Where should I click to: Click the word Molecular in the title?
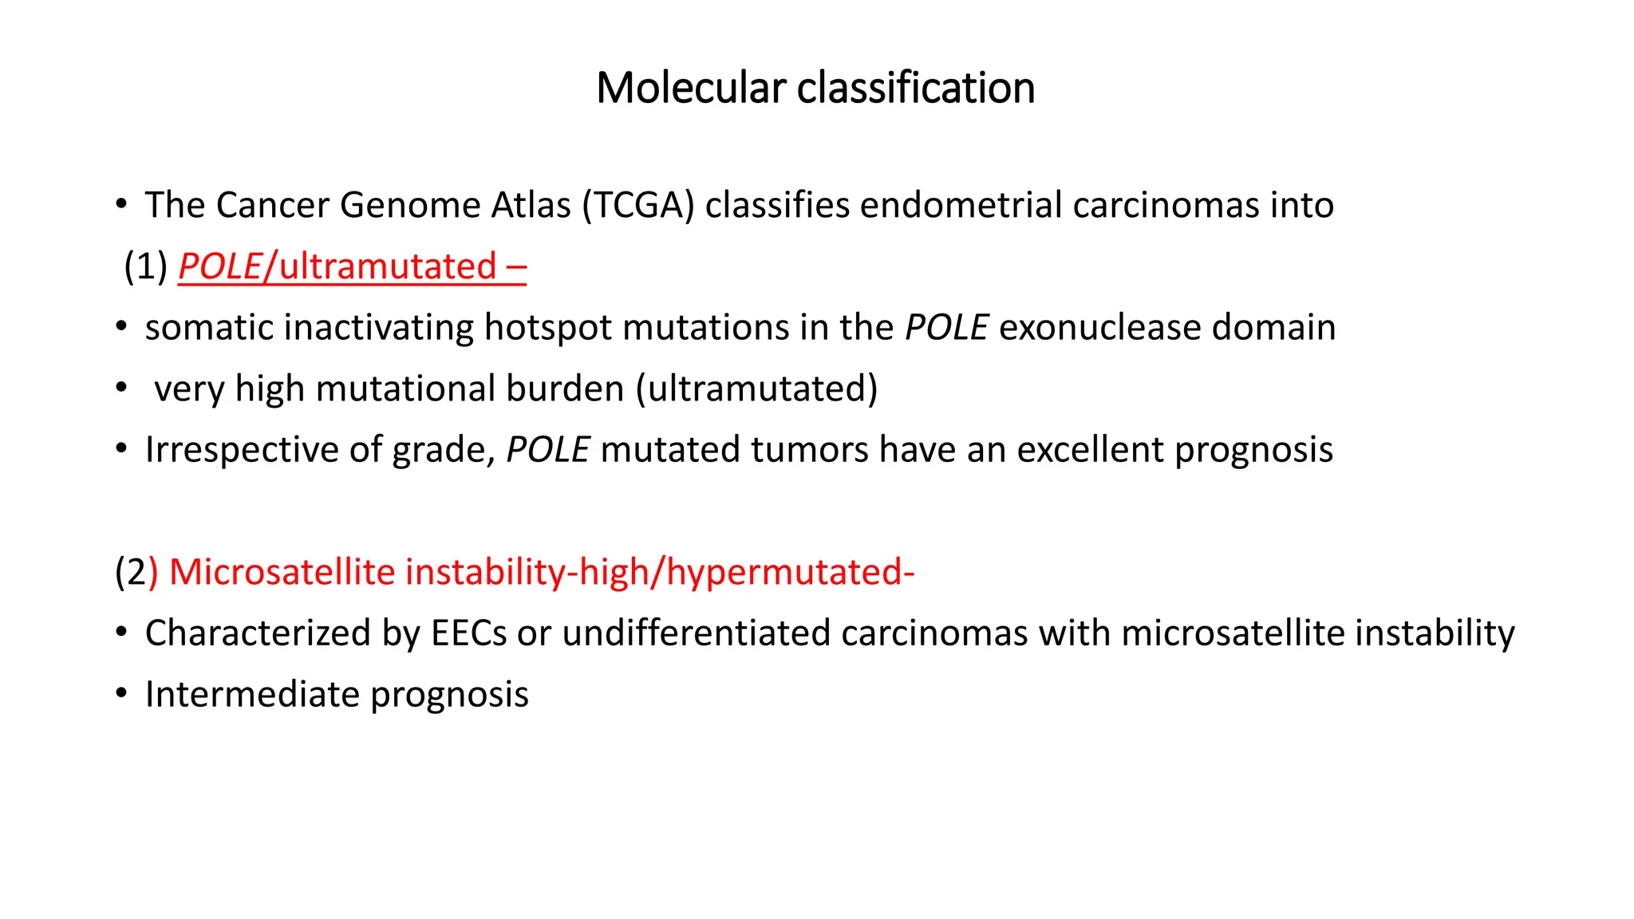pyautogui.click(x=691, y=88)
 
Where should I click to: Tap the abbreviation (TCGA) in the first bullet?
pyautogui.click(x=638, y=206)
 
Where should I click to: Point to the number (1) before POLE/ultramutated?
pyautogui.click(x=145, y=266)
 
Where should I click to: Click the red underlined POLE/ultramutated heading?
pyautogui.click(x=351, y=266)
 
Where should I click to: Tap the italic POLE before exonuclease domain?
pyautogui.click(x=946, y=328)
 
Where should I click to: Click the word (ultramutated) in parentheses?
pyautogui.click(x=756, y=389)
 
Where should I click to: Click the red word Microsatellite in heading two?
pyautogui.click(x=282, y=573)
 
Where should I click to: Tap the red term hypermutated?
pyautogui.click(x=785, y=573)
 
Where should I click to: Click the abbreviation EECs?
pyautogui.click(x=468, y=633)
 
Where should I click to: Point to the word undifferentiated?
pyautogui.click(x=696, y=633)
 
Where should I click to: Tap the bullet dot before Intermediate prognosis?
pyautogui.click(x=121, y=693)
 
